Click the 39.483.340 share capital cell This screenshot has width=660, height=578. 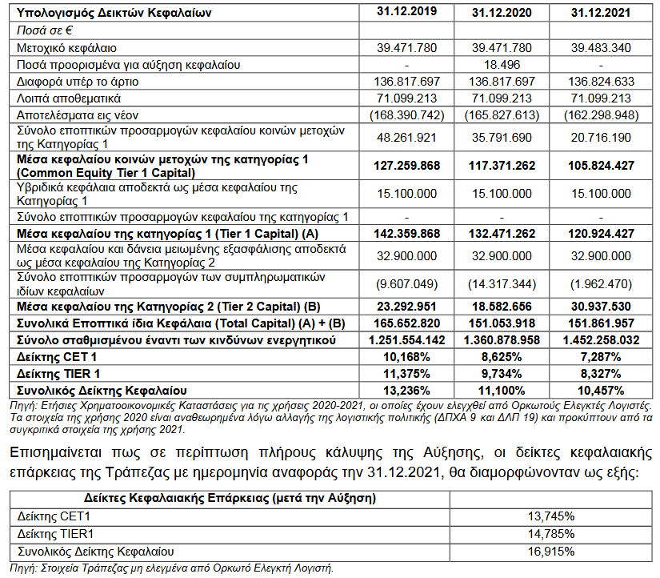coord(601,47)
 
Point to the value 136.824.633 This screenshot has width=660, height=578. coord(601,82)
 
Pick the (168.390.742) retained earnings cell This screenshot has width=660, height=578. coord(407,115)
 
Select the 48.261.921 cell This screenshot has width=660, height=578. coord(407,137)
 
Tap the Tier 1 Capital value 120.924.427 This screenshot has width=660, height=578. coord(601,233)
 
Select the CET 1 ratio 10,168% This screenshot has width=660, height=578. coord(407,357)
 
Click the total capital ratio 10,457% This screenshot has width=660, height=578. coord(601,390)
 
